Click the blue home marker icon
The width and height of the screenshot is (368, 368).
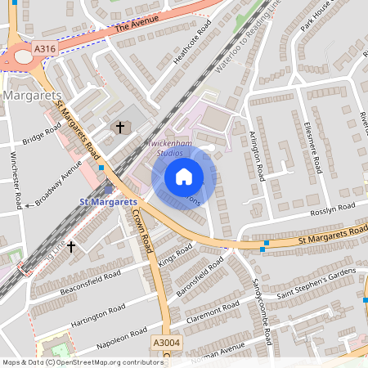[x=184, y=177]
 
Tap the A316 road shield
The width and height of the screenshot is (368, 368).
[x=46, y=50]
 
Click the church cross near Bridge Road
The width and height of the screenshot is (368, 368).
[x=120, y=127]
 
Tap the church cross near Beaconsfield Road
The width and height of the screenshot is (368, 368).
[x=71, y=245]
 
